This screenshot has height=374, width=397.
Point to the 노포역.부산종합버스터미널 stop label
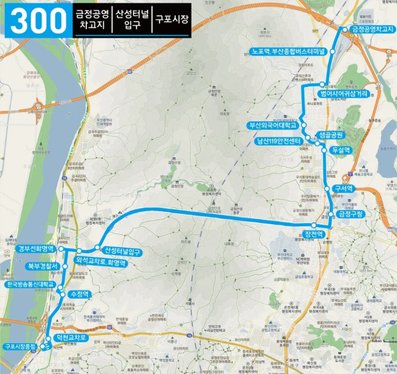(x=286, y=51)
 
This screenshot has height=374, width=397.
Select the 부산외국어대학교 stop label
(x=271, y=125)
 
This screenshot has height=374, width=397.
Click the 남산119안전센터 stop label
(x=278, y=141)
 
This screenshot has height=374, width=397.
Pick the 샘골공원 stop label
(x=332, y=135)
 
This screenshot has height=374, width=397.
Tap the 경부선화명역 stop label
(x=35, y=249)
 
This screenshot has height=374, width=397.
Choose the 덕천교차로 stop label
(x=71, y=338)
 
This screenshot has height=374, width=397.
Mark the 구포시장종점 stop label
(x=19, y=346)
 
